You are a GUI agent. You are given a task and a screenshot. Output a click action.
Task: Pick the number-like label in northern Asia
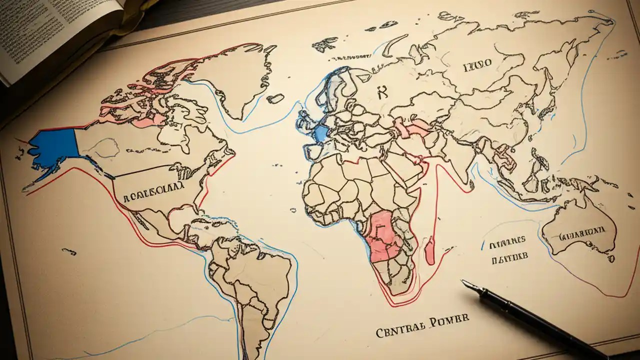click(x=477, y=63)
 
